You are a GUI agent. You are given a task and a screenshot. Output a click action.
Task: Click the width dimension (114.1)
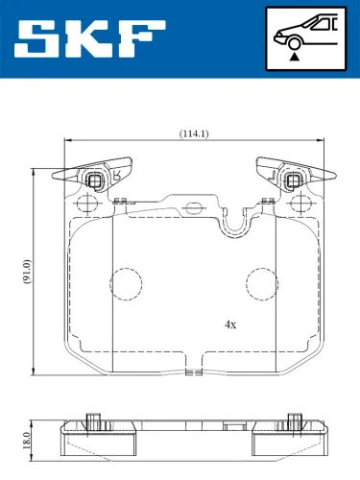(195, 133)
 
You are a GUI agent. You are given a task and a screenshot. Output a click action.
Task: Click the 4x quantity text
(229, 324)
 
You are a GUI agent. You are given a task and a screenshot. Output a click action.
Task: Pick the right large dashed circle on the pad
(262, 282)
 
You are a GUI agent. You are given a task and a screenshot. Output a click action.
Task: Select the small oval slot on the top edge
(195, 204)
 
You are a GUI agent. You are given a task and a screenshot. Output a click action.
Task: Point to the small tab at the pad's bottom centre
(195, 371)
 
